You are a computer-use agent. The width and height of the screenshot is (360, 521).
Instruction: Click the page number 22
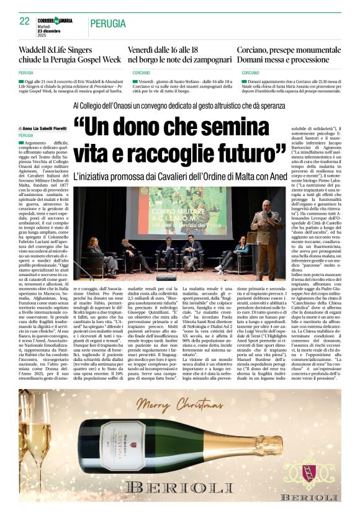tap(24, 21)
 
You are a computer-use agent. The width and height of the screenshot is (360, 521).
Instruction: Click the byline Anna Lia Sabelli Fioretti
tap(48, 128)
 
